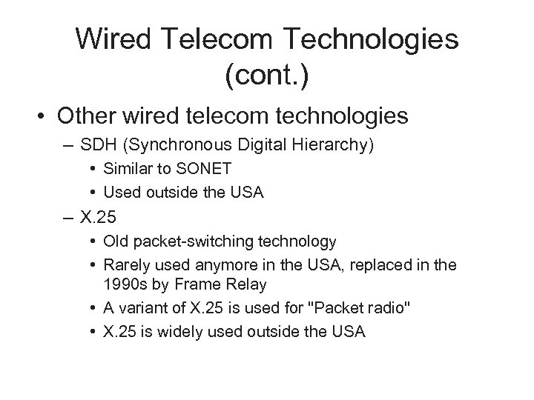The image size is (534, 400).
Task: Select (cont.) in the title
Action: coord(266,73)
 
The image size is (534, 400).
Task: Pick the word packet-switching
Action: coord(189,241)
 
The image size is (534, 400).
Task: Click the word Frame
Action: coord(196,285)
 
